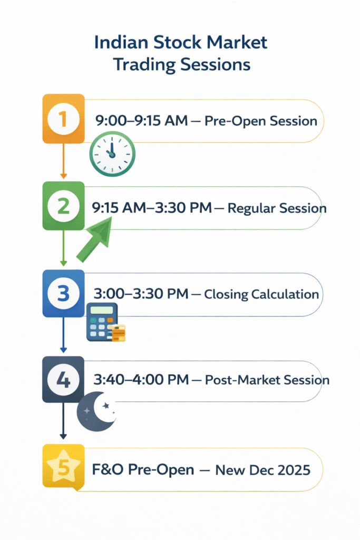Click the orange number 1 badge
pyautogui.click(x=63, y=119)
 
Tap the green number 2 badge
pyautogui.click(x=63, y=206)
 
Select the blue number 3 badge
pyautogui.click(x=63, y=293)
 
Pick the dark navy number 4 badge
pyautogui.click(x=63, y=380)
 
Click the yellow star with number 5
pyautogui.click(x=63, y=467)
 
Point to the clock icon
pyautogui.click(x=112, y=153)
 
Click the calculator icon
pyautogui.click(x=104, y=322)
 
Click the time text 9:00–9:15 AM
pyautogui.click(x=141, y=121)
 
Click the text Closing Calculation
pyautogui.click(x=261, y=294)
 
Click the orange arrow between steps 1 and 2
pyautogui.click(x=63, y=161)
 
